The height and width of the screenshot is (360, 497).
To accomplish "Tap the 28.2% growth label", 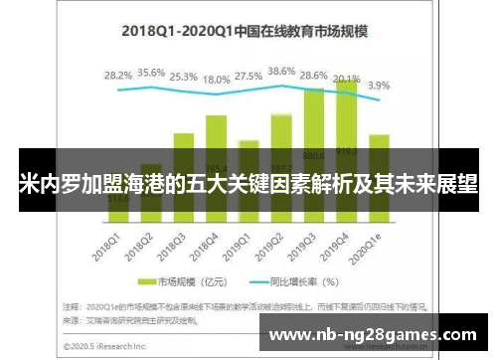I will (x=118, y=75).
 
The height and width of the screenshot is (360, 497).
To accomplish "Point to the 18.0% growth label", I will (x=216, y=80).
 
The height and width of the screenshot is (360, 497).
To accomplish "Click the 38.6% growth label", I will (x=281, y=72).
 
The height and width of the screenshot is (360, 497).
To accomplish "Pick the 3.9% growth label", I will (x=379, y=86).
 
